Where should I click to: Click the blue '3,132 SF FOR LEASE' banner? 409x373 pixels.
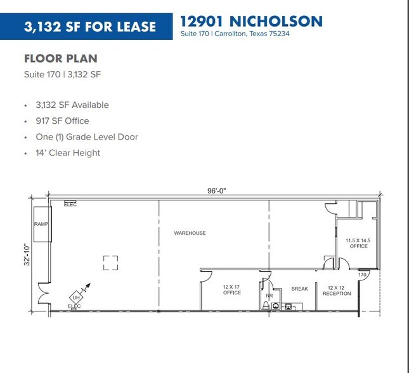[x=89, y=26]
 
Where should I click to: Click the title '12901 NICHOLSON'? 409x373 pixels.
[x=251, y=21]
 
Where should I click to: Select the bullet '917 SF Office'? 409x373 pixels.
[x=62, y=121]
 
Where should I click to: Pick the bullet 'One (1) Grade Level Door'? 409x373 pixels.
[x=87, y=136]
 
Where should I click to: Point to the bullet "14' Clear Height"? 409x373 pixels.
[x=68, y=152]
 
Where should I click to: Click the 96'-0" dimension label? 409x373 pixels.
[x=216, y=189]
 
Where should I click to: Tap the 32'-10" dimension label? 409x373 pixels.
[x=26, y=255]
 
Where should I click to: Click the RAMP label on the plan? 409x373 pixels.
[x=41, y=225]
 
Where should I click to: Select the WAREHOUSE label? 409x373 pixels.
[x=190, y=233]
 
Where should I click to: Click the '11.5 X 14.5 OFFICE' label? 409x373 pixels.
[x=358, y=243]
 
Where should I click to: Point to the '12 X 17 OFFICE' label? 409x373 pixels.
[x=231, y=290]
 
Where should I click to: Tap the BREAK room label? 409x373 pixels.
[x=299, y=289]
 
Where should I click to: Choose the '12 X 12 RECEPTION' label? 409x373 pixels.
[x=336, y=291]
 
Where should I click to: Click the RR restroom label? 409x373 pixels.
[x=269, y=295]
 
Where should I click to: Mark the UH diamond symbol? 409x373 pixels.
[x=75, y=297]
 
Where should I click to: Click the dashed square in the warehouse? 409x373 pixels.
[x=110, y=262]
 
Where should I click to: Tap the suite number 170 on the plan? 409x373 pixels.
[x=362, y=275]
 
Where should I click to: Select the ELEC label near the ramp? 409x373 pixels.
[x=70, y=204]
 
